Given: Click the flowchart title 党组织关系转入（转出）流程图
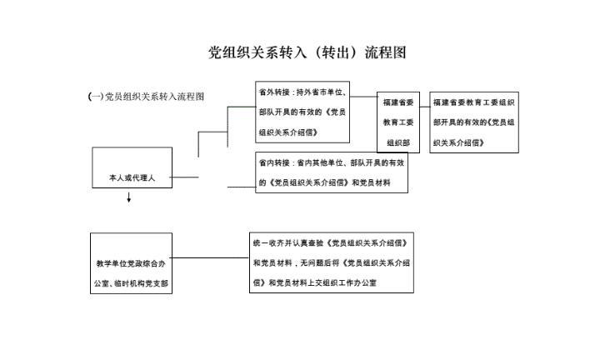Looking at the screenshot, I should [x=307, y=53].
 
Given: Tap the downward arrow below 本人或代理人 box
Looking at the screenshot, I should [x=129, y=199].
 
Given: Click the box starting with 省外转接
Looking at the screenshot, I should [x=302, y=112].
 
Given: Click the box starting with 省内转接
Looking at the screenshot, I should [x=332, y=172].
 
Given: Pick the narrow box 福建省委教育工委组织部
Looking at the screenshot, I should [x=397, y=122].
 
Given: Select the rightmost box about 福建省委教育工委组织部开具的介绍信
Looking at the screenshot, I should [x=472, y=122].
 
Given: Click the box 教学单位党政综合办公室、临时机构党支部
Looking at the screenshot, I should [x=132, y=263].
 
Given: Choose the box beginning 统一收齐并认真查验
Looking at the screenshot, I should [x=331, y=262].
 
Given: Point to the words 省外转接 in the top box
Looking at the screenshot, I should [x=273, y=91].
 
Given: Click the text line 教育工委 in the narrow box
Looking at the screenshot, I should [x=397, y=122].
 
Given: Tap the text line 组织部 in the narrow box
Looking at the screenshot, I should [x=397, y=142].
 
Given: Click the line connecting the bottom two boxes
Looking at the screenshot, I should [x=211, y=257].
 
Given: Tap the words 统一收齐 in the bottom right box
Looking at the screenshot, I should [x=267, y=242].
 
